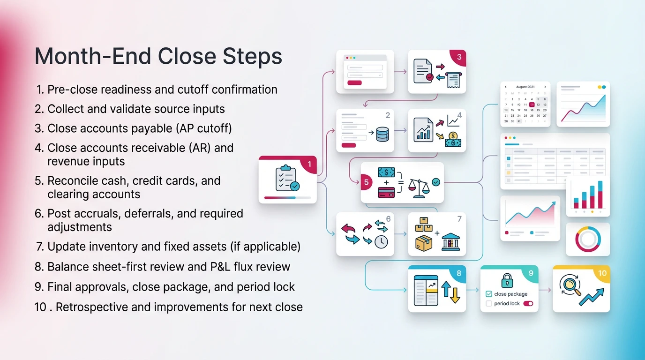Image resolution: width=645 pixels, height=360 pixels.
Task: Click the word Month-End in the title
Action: [92, 57]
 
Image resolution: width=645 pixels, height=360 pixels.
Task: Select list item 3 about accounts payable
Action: [139, 128]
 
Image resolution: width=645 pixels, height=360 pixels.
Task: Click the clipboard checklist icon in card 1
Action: [287, 179]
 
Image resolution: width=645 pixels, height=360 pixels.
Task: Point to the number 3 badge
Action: [459, 57]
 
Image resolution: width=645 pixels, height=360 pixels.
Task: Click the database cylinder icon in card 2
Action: [382, 133]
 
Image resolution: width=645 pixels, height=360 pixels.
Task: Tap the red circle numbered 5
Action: [367, 183]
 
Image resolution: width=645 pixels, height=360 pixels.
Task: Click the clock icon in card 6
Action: [381, 241]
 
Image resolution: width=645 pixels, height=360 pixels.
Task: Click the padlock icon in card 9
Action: [507, 280]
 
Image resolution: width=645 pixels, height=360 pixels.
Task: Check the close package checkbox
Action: [489, 294]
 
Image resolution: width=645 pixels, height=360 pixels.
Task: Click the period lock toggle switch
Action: [528, 304]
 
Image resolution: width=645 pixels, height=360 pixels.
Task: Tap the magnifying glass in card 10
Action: [570, 284]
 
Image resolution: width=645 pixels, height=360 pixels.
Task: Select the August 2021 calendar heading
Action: [525, 87]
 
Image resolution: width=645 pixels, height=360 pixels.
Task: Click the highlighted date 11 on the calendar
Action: [532, 105]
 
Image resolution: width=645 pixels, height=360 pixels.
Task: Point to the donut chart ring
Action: [588, 239]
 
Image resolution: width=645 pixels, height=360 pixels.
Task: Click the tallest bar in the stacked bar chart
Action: [600, 194]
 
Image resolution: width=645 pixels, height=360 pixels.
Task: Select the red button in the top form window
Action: [354, 83]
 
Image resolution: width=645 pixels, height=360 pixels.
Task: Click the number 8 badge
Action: [458, 273]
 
